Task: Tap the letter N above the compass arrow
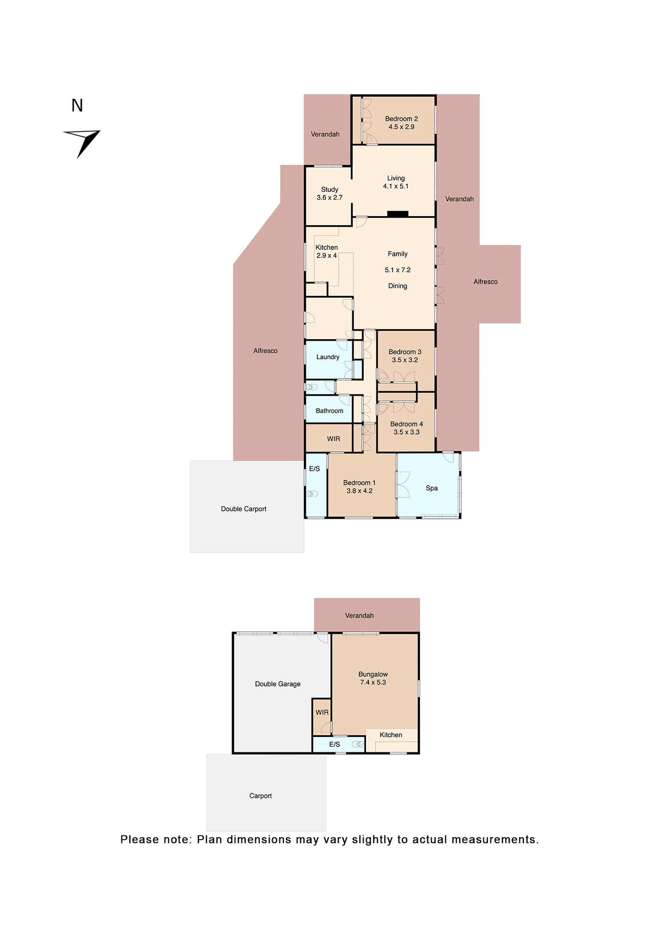click(x=77, y=106)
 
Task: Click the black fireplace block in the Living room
click(x=398, y=214)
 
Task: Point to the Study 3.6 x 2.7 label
click(x=329, y=193)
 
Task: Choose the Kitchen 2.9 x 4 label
click(x=327, y=251)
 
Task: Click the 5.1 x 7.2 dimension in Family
click(x=397, y=270)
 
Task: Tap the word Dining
click(x=397, y=286)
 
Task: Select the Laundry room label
click(x=328, y=357)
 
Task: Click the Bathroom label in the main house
click(x=329, y=411)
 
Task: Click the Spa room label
click(x=432, y=488)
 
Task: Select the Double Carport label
click(x=244, y=509)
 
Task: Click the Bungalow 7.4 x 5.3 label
click(x=373, y=678)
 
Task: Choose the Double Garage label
click(x=278, y=684)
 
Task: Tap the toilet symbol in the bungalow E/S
click(x=357, y=744)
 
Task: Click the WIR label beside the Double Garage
click(x=322, y=712)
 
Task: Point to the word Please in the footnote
click(x=139, y=840)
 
